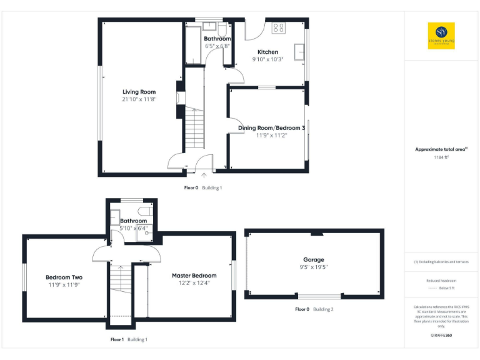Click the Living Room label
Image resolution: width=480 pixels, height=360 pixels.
139,92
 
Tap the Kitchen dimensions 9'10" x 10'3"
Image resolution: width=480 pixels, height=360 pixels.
267,59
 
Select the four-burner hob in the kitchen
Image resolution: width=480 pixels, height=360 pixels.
278,27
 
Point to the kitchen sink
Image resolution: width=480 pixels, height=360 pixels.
301,51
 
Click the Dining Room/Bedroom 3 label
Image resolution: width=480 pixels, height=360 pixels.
271,128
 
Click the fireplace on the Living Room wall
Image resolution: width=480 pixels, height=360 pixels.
179,99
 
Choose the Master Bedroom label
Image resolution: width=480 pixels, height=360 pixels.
194,276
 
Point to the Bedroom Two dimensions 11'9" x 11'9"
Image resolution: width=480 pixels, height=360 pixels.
64,284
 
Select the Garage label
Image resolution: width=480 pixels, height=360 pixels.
314,259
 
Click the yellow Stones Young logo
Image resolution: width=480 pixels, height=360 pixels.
441,36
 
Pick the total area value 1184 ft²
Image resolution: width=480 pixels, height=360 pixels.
441,157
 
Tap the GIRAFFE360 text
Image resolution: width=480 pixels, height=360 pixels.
441,336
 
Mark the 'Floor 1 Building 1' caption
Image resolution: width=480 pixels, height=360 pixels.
129,339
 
